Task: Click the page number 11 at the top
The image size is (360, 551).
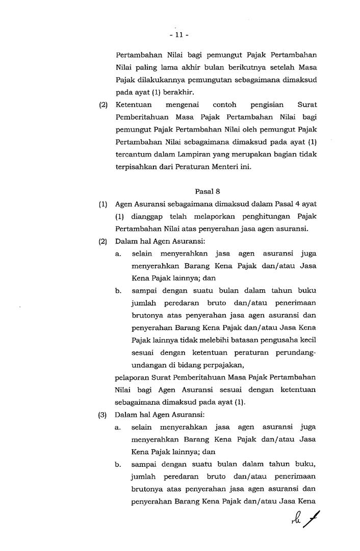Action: tap(179, 35)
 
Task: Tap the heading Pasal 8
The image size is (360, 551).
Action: tap(204, 191)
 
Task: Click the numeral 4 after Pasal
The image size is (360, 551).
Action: tap(289, 204)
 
